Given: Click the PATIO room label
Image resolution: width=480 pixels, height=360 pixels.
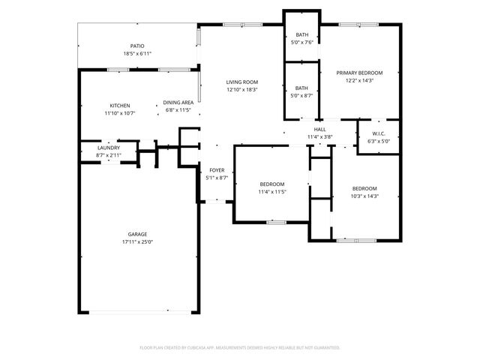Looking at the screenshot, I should (137, 46).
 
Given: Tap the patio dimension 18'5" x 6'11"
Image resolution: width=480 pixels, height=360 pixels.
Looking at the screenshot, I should (137, 54).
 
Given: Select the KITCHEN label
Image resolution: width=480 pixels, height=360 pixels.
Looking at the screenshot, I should (120, 105).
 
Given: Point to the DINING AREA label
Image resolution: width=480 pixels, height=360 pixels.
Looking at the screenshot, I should (178, 102).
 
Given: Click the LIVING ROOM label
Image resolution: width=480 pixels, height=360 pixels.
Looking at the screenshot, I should (242, 82).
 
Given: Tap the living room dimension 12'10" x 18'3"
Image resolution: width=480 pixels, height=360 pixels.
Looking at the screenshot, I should (242, 89).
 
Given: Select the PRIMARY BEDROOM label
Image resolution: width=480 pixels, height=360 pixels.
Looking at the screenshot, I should (359, 73).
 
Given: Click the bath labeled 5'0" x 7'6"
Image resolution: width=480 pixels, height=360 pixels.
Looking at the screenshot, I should (301, 34).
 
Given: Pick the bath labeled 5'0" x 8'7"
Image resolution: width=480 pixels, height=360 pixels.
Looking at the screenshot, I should (301, 88).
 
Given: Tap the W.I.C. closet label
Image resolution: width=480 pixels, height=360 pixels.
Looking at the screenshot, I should (377, 133).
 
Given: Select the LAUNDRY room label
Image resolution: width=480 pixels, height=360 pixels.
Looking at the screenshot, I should (109, 148).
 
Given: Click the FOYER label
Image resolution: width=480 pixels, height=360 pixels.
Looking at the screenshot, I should (217, 170).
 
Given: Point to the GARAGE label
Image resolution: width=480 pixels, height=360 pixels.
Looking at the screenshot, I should (137, 234).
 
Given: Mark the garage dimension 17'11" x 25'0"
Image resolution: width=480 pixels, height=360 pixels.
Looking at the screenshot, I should (137, 242).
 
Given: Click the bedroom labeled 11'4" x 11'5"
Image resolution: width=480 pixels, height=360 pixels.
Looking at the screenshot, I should (271, 184).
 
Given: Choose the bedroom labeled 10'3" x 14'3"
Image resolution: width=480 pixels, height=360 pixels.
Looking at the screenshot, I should (364, 188).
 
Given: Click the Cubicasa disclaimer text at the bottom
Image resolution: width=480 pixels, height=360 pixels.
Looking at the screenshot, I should (240, 347).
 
